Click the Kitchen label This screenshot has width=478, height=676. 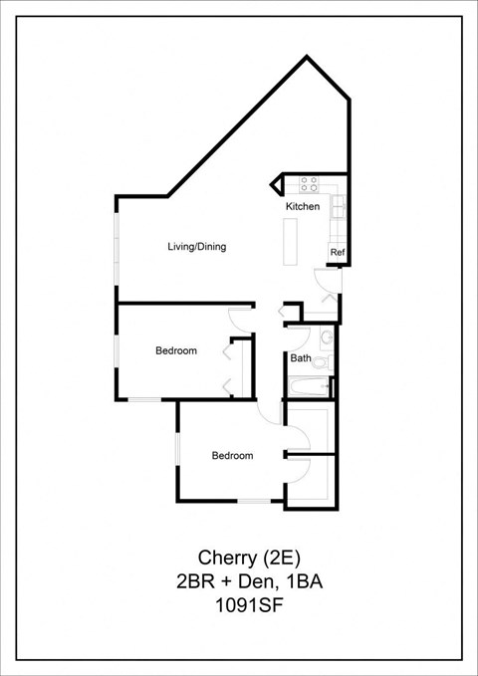click(x=303, y=206)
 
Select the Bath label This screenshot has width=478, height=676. click(x=301, y=357)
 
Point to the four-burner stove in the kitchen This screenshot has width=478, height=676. click(x=310, y=184)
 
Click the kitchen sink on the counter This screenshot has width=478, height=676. click(x=338, y=208)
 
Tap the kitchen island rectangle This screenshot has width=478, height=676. click(x=291, y=242)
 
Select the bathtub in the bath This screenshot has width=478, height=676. click(x=309, y=385)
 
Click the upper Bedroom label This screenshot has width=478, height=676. click(x=175, y=350)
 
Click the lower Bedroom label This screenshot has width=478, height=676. click(x=231, y=456)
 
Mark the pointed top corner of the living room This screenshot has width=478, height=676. click(x=307, y=58)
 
